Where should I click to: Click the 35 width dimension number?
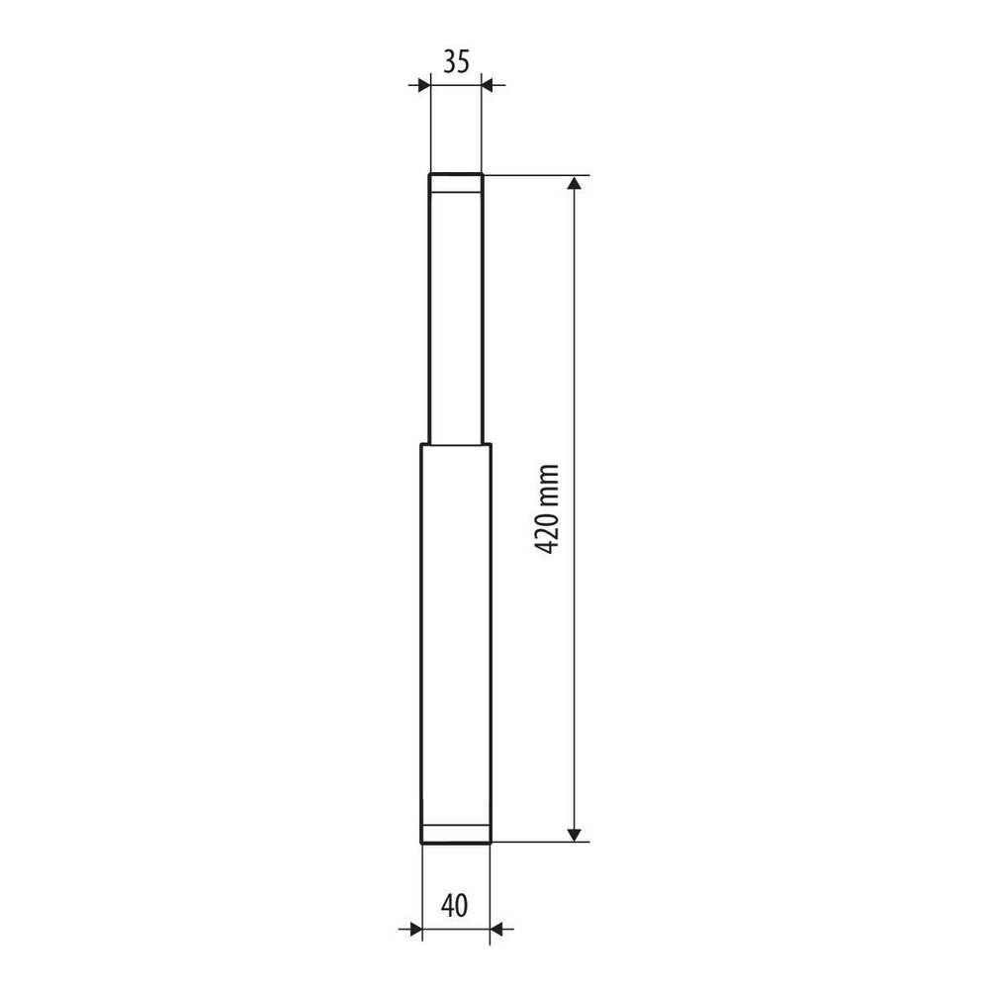(x=456, y=62)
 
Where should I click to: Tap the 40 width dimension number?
(x=455, y=906)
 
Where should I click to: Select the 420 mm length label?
(x=547, y=509)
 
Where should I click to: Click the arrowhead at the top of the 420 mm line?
(x=574, y=183)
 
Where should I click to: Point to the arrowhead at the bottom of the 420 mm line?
(x=574, y=834)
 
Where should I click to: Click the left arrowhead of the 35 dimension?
(x=423, y=85)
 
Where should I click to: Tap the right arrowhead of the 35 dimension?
(x=489, y=85)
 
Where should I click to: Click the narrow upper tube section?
(x=456, y=309)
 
